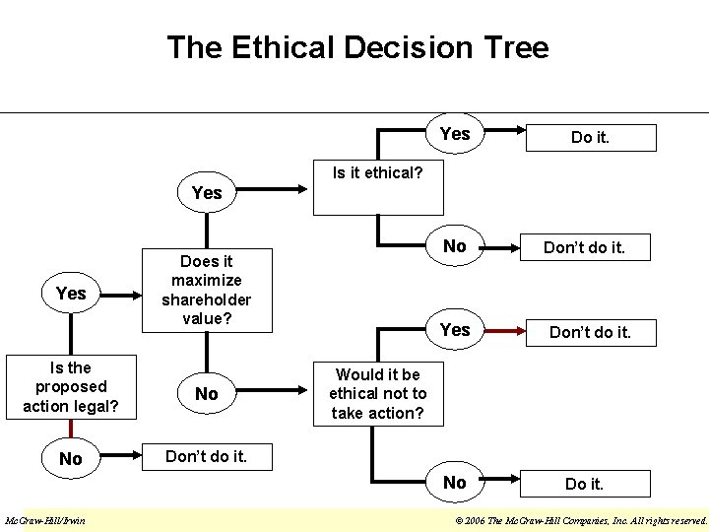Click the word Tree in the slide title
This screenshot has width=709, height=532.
coord(515,47)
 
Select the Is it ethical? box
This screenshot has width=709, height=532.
coord(377,173)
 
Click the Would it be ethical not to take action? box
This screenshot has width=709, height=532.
coord(377,393)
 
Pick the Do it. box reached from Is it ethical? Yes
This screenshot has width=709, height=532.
coord(590,138)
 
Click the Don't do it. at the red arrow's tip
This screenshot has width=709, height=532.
coord(590,332)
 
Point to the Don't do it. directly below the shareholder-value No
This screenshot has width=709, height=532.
coord(206,457)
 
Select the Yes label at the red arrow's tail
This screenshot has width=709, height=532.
coord(455,330)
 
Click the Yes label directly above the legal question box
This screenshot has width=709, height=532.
coord(71,293)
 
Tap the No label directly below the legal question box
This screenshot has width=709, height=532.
coord(71,458)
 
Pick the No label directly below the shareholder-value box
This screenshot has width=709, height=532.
coord(207,394)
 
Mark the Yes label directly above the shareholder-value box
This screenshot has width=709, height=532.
coord(207,193)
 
